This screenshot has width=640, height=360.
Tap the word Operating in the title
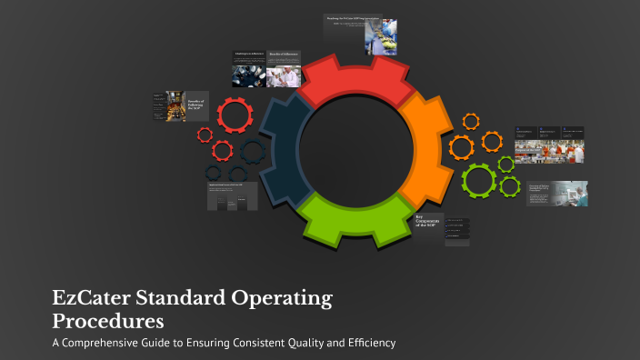(x=289, y=299)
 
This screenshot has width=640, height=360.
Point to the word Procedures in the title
(x=108, y=321)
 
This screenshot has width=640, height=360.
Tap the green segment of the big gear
(x=355, y=224)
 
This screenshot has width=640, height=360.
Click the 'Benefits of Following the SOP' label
(x=197, y=106)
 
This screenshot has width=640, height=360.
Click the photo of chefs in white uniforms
(x=284, y=75)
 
